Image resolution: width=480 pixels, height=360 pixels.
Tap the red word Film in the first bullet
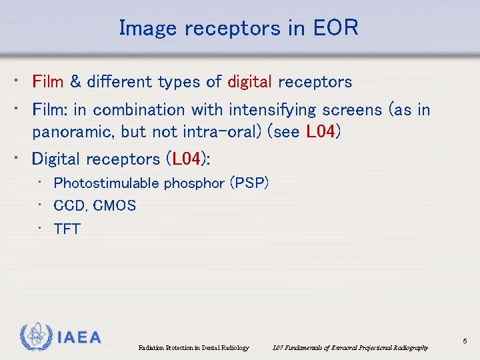click(48, 82)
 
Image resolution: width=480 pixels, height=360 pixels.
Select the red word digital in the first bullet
click(250, 82)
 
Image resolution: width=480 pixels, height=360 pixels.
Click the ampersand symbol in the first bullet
click(75, 82)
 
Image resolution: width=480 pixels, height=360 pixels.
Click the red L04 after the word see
click(321, 132)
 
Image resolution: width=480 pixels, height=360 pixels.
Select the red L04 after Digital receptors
click(187, 159)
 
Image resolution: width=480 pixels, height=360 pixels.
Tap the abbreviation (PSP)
click(249, 183)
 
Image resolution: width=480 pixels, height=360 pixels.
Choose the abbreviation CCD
click(69, 206)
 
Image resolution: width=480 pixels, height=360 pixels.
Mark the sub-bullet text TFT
click(67, 229)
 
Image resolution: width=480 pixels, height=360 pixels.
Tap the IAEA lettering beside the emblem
click(79, 338)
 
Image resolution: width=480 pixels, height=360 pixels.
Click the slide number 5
click(465, 341)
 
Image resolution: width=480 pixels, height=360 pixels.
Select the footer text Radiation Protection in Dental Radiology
click(193, 348)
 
